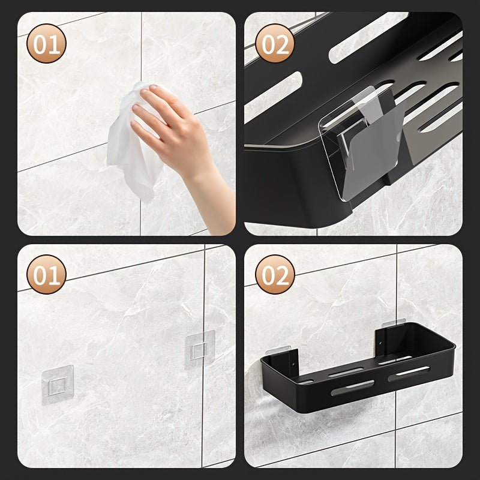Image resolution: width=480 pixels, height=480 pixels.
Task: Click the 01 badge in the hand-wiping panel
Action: (x=46, y=43)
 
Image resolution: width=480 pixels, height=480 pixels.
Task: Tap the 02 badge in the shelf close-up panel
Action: (x=275, y=43)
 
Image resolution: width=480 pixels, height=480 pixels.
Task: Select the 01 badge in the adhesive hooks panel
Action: (x=46, y=275)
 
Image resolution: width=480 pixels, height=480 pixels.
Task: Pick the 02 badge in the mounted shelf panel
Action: (x=275, y=275)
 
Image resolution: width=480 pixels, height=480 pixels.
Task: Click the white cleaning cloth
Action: (x=129, y=144)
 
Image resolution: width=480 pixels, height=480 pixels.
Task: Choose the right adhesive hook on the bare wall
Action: (x=200, y=347)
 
